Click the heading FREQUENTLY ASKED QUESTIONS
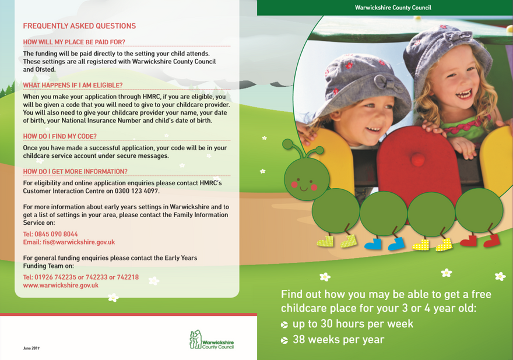point(79,26)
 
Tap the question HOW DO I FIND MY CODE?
point(60,136)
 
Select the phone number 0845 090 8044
point(57,234)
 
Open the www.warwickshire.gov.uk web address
point(61,285)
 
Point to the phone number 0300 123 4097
point(137,191)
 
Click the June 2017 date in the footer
point(31,348)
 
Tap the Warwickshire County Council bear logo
point(196,340)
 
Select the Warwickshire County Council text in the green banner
point(393,8)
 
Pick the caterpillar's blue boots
point(384,243)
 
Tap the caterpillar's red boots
point(480,241)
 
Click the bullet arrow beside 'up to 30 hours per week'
point(284,324)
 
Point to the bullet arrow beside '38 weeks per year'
point(284,340)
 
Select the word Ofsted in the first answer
point(45,69)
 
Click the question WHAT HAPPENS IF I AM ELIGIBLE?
point(73,86)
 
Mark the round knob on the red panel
point(417,159)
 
